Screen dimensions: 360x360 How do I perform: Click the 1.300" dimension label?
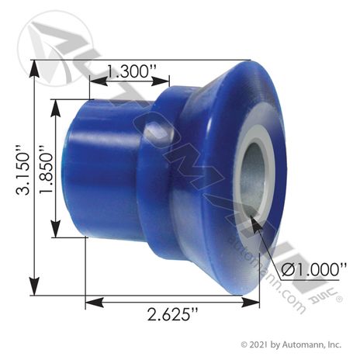pos(132,71)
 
